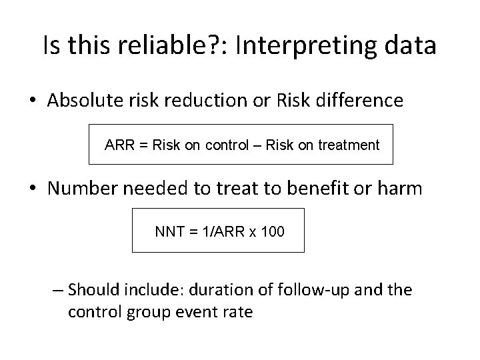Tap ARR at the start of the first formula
click(118, 145)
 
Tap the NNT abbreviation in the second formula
click(168, 231)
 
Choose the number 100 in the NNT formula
click(273, 231)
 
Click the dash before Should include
click(57, 290)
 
